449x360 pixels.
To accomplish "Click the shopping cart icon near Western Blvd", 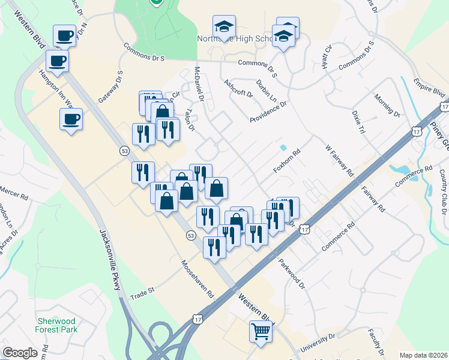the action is pos(261,331).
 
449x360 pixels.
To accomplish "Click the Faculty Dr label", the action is pos(376,340).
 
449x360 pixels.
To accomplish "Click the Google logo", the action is pos(20,353).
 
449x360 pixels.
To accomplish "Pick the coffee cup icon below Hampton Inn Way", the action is pos(71,119).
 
